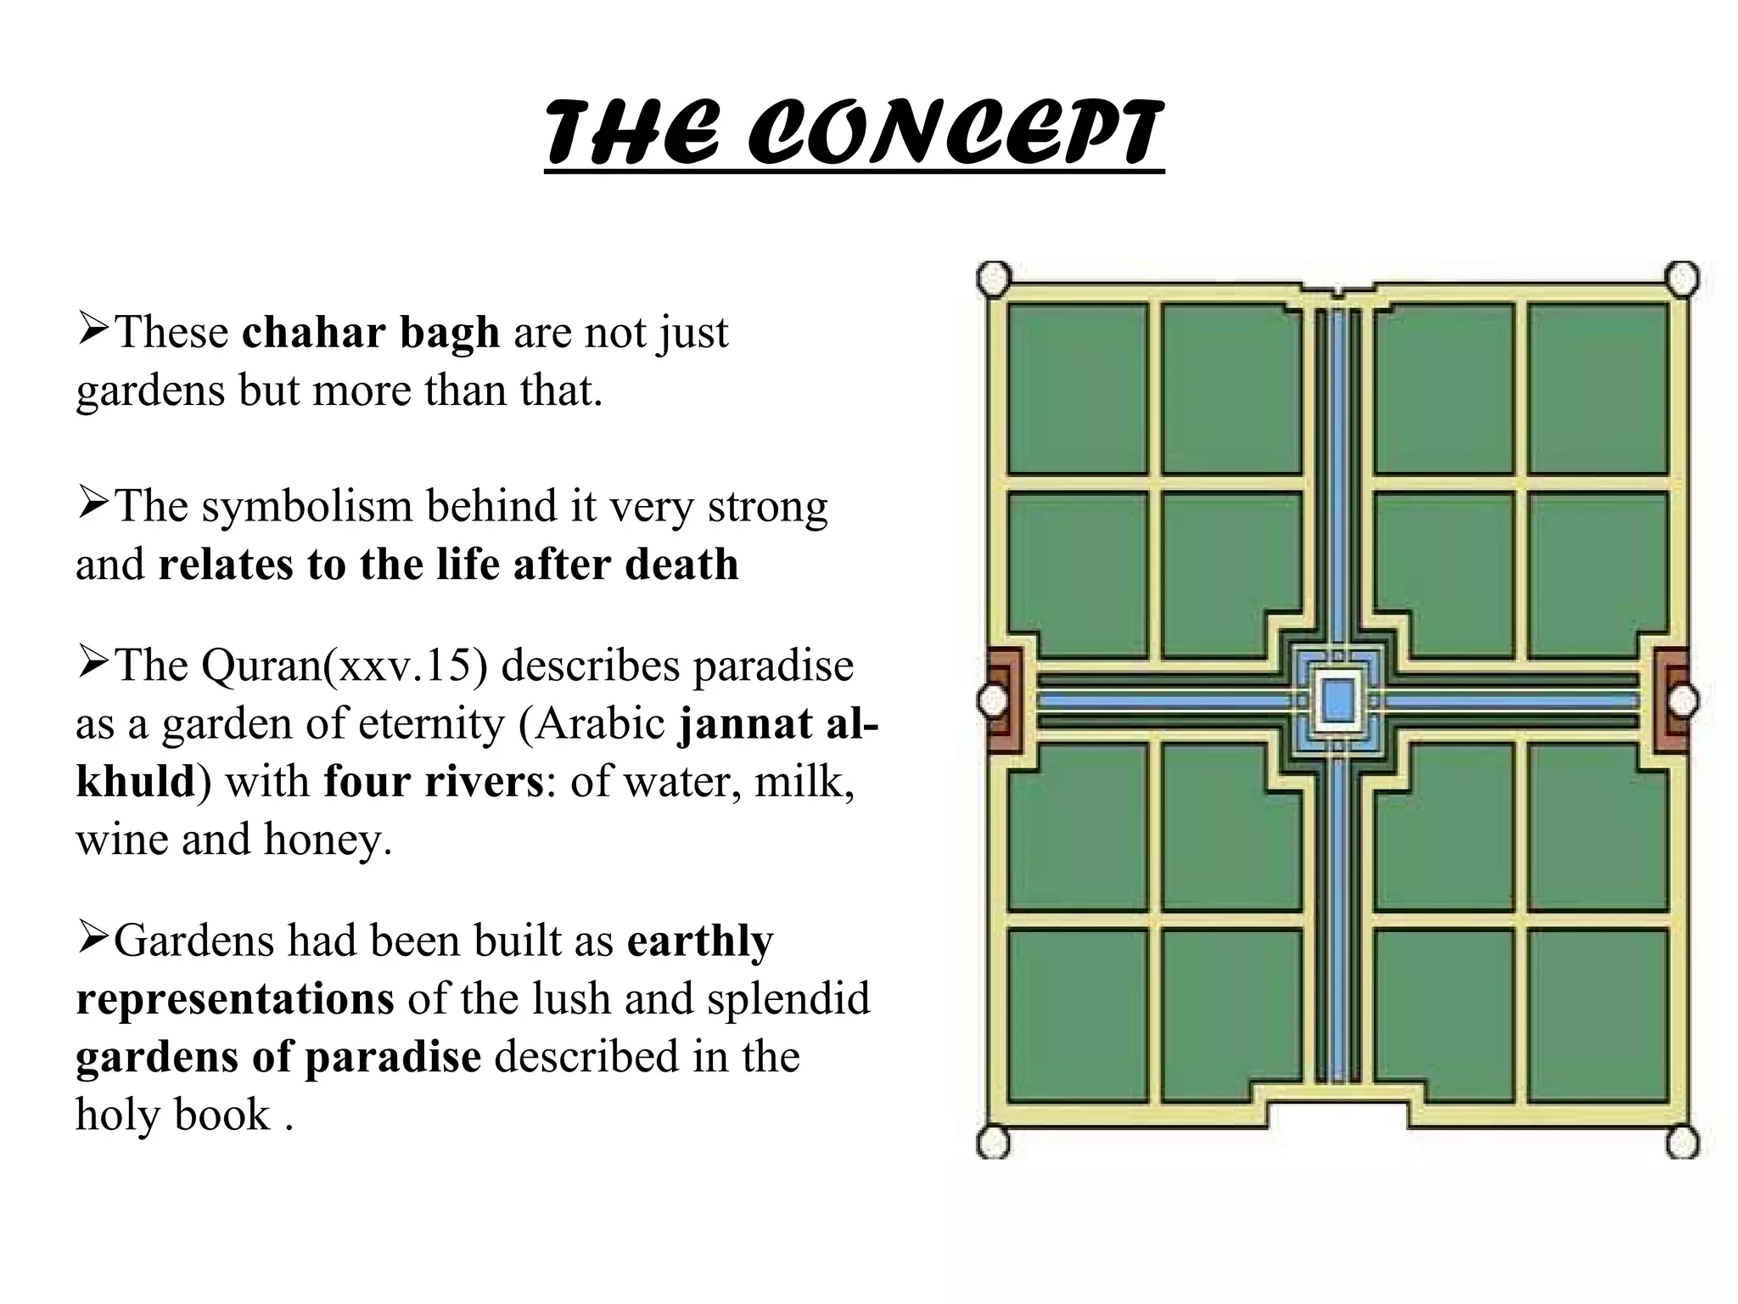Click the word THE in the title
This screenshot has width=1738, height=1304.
[631, 134]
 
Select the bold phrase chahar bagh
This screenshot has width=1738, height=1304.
[371, 332]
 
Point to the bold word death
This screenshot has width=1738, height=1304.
[681, 565]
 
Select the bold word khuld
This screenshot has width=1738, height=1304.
[136, 781]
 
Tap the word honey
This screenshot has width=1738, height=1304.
[328, 839]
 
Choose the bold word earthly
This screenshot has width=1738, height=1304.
[700, 941]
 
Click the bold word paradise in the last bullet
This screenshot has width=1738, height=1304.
[393, 1057]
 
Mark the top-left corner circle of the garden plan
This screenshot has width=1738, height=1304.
[994, 278]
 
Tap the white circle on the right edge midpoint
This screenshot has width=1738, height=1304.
[1684, 701]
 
